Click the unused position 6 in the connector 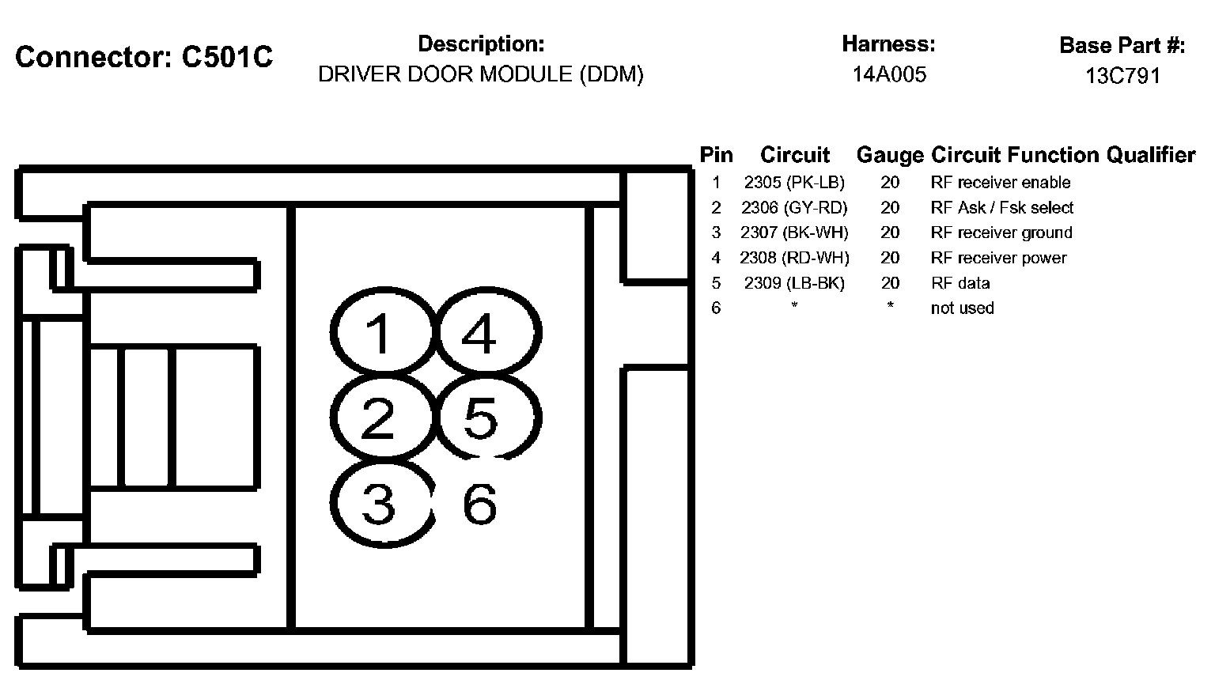479,504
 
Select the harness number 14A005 889,75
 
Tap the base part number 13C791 1122,76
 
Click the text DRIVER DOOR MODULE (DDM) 481,74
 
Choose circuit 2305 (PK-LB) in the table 794,183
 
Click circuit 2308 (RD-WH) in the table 794,258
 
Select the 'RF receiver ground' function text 1001,232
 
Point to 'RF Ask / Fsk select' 1002,208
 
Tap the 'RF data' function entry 960,283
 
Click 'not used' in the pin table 962,308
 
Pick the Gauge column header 890,155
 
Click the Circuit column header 795,155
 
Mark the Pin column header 717,155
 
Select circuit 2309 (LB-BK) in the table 794,283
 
